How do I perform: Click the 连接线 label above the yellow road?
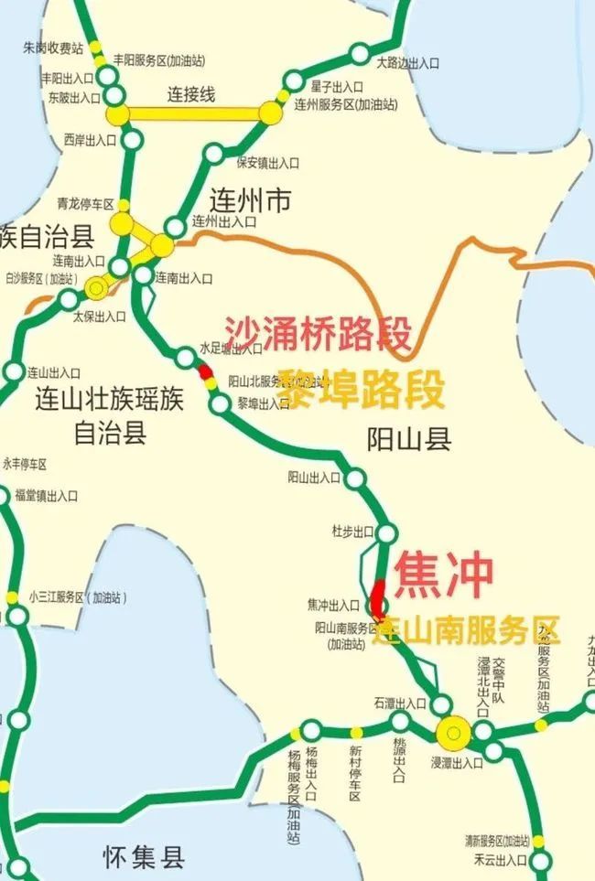pyautogui.click(x=191, y=93)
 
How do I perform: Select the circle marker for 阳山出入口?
pyautogui.click(x=355, y=478)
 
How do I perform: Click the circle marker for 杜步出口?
pyautogui.click(x=387, y=533)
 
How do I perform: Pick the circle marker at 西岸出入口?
pyautogui.click(x=133, y=140)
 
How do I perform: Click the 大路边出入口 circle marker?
pyautogui.click(x=360, y=50)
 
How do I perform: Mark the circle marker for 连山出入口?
pyautogui.click(x=15, y=371)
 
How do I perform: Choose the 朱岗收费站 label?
pyautogui.click(x=53, y=47)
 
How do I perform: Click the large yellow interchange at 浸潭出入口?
pyautogui.click(x=453, y=731)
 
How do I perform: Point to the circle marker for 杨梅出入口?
pyautogui.click(x=311, y=730)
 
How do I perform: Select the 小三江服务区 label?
pyautogui.click(x=78, y=597)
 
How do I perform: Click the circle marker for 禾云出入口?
pyautogui.click(x=541, y=860)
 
